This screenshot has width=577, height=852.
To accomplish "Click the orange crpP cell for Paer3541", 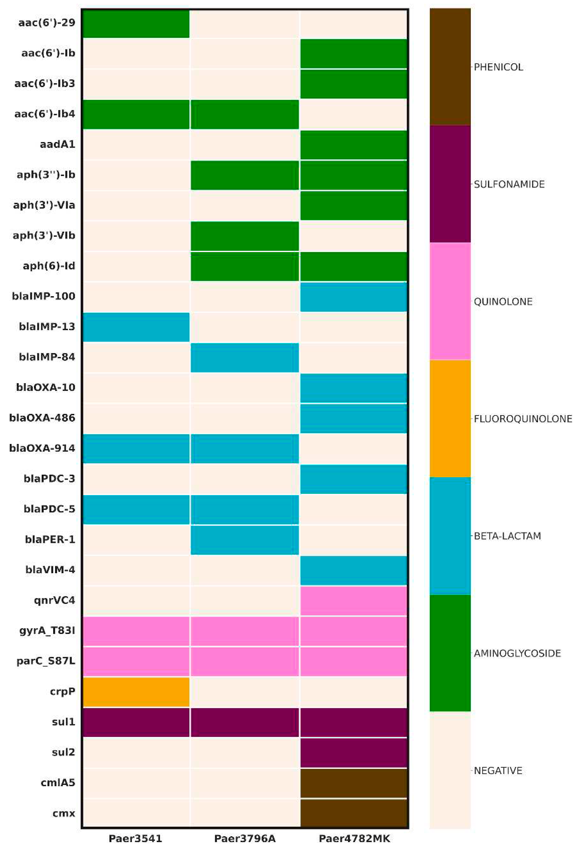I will coord(136,691).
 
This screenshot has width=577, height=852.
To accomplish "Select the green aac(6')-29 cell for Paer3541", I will coord(136,23).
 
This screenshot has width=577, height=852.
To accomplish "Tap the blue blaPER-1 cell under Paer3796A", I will coord(245,539).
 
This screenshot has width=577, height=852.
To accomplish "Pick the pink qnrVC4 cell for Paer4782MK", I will coord(353,600).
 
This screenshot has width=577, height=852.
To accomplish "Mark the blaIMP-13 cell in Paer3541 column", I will coord(136,327).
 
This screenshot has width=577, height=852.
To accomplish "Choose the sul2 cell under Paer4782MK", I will coord(353,752).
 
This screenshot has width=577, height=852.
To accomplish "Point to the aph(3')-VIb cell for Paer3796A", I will coord(245,236).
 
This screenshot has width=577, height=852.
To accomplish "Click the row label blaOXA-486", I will coord(42,418).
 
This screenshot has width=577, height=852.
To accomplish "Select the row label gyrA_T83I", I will coord(47,631).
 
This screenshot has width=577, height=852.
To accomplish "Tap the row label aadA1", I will coord(57,144).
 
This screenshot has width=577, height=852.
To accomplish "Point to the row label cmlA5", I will coord(58,783).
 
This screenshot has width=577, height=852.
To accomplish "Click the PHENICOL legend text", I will coord(498,67).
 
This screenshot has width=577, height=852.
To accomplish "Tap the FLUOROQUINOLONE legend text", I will coord(523,419).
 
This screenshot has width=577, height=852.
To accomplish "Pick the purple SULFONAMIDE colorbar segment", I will coord(450,184).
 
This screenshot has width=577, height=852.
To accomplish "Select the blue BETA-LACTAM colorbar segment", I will coord(450,536).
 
